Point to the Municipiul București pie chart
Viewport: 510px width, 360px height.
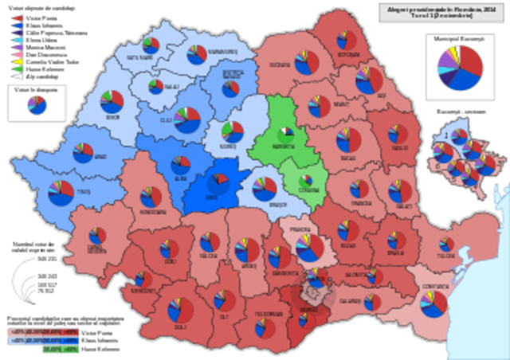(x=460, y=67)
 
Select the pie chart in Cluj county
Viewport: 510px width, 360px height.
(x=188, y=119)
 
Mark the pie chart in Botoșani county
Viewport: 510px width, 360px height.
(x=347, y=41)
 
